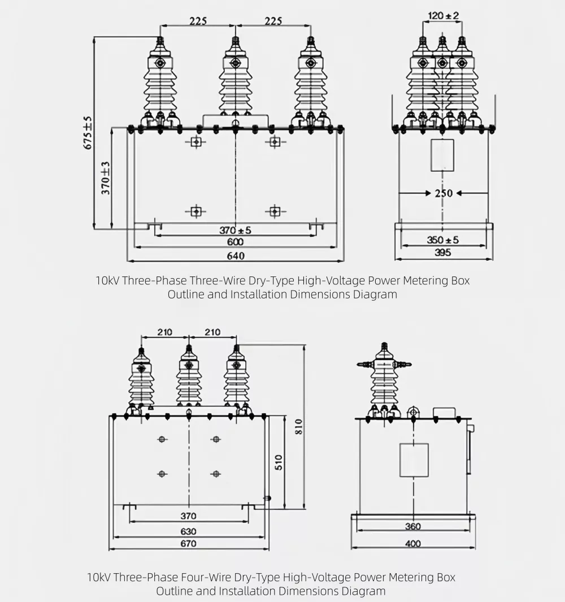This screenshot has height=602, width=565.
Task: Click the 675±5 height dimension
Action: coord(88,133)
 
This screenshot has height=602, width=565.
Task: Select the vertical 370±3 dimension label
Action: coord(106,177)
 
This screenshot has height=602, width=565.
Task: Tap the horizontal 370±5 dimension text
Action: coord(235,230)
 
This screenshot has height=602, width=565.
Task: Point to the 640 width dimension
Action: coord(236,256)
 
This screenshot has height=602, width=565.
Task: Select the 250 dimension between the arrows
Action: coord(444,193)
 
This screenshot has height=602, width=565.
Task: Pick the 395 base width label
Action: coord(443,253)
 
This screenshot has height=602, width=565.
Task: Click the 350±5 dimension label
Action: coord(443,240)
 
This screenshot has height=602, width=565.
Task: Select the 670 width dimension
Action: coord(188,544)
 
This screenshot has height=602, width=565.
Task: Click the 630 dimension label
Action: coord(188,531)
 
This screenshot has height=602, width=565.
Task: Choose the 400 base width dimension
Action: coord(413,544)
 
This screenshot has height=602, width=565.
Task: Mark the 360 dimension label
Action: coord(413,527)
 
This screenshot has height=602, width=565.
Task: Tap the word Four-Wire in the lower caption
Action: coord(203,577)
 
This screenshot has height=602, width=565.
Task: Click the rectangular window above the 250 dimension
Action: coord(442,154)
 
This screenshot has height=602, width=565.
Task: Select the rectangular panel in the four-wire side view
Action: coord(414,460)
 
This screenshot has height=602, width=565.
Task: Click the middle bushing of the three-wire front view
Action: coord(235,79)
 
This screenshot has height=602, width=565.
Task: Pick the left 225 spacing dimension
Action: coord(198,21)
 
